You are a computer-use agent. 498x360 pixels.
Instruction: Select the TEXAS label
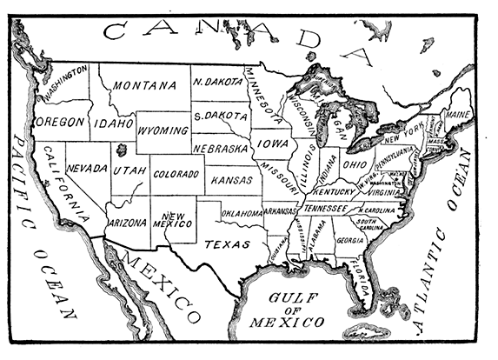click(x=223, y=244)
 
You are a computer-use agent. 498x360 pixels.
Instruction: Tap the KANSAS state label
click(x=229, y=179)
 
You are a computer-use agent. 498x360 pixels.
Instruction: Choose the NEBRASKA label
click(x=222, y=150)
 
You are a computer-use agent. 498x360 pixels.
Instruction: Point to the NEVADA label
click(x=86, y=168)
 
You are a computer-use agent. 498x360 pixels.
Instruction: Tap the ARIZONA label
click(x=128, y=223)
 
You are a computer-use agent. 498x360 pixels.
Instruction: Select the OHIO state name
click(x=353, y=163)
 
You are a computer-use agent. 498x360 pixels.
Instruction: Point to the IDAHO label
click(x=113, y=123)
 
